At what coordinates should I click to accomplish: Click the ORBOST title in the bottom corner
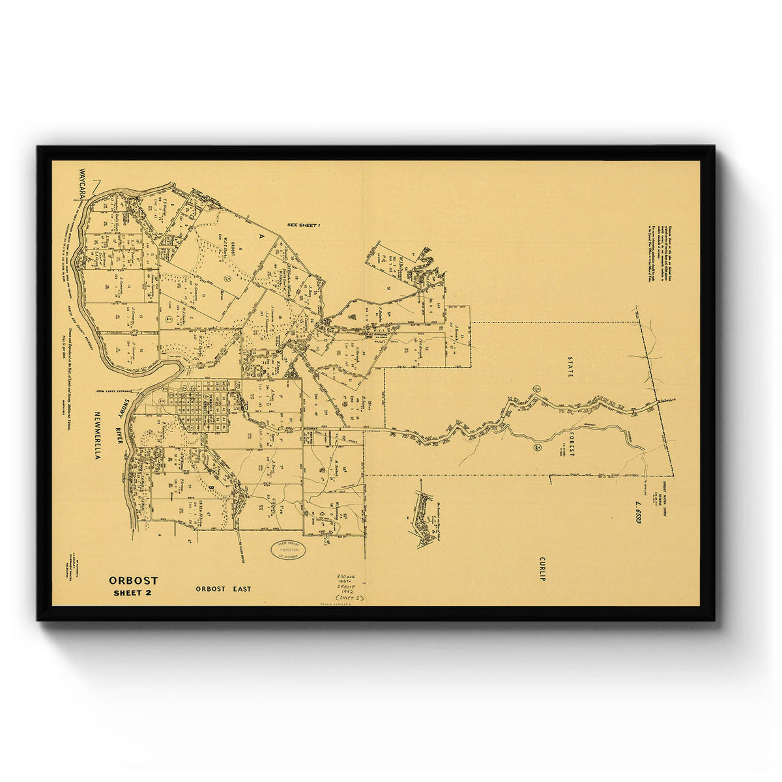[x=133, y=580]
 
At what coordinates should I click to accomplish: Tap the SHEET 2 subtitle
[x=132, y=592]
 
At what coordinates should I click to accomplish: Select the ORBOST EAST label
[x=223, y=589]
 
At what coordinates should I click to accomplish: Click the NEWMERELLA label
[x=97, y=435]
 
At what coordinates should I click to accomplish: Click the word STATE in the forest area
[x=570, y=367]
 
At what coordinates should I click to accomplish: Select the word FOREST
[x=571, y=443]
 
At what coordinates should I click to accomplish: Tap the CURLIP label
[x=542, y=568]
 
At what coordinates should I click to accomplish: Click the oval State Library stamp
[x=288, y=550]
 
